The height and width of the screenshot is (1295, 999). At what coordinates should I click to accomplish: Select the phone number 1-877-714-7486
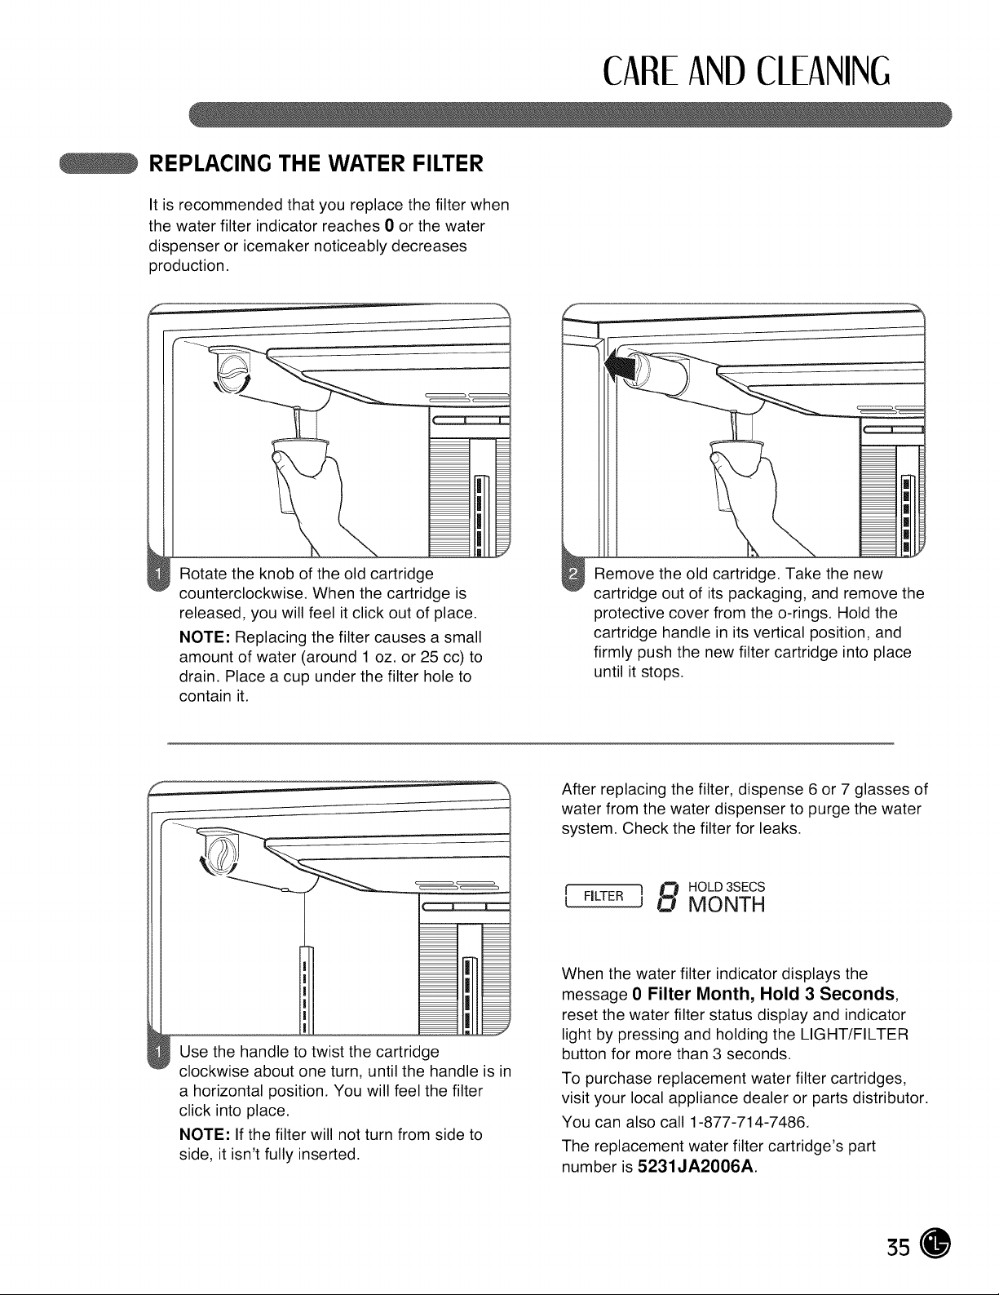tap(748, 1123)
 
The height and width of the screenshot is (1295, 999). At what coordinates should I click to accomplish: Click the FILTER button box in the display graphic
tap(603, 896)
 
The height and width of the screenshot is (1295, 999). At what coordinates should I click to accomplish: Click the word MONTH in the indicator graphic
tap(727, 904)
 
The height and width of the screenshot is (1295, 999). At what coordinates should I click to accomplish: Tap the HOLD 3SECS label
tap(727, 887)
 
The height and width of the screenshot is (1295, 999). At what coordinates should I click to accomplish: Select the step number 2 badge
tap(573, 574)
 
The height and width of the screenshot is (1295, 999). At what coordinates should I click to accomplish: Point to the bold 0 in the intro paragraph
tap(389, 226)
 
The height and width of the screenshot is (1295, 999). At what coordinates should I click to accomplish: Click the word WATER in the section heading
tap(359, 163)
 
